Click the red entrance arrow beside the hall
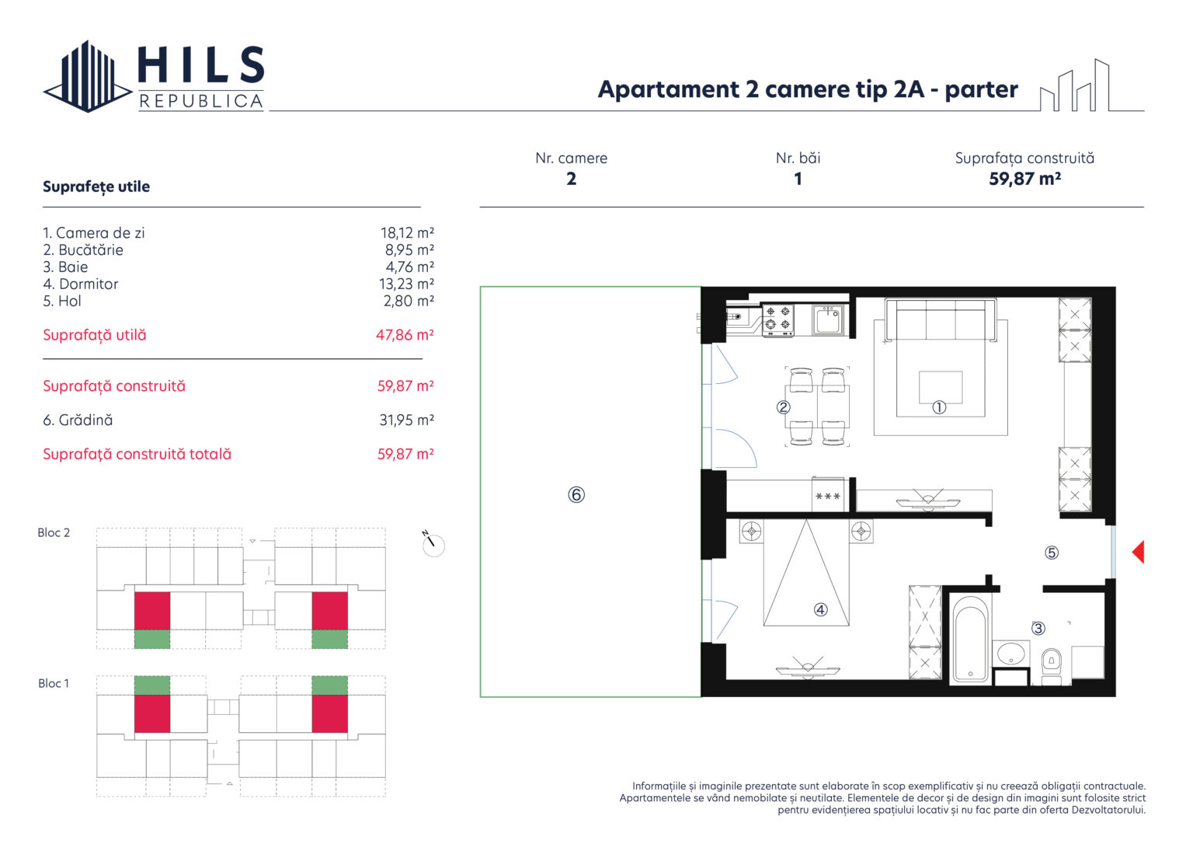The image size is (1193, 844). pyautogui.click(x=1139, y=552)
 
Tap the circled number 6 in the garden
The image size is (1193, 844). pyautogui.click(x=576, y=495)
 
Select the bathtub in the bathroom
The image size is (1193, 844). pyautogui.click(x=970, y=639)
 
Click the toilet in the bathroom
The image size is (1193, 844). pyautogui.click(x=1051, y=666)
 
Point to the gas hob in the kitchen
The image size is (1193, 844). pyautogui.click(x=778, y=320)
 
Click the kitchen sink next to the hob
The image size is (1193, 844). pyautogui.click(x=828, y=319)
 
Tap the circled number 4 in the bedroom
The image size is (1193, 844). pyautogui.click(x=821, y=609)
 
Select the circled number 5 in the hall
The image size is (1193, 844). pyautogui.click(x=1052, y=553)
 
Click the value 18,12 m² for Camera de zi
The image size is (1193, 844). pyautogui.click(x=407, y=233)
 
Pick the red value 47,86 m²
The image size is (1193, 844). pyautogui.click(x=405, y=335)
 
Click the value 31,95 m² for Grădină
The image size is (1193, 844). pyautogui.click(x=407, y=420)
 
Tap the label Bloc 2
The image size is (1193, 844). pyautogui.click(x=54, y=532)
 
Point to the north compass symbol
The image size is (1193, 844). pyautogui.click(x=433, y=543)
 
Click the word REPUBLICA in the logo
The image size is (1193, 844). pyautogui.click(x=201, y=101)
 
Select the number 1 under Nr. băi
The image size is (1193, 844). pyautogui.click(x=798, y=179)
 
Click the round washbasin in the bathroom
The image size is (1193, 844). pyautogui.click(x=1010, y=654)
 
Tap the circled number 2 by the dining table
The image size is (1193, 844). pyautogui.click(x=783, y=407)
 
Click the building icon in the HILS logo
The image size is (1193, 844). pyautogui.click(x=88, y=76)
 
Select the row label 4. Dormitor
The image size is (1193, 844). pyautogui.click(x=81, y=284)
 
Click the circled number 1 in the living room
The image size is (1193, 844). pyautogui.click(x=939, y=407)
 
